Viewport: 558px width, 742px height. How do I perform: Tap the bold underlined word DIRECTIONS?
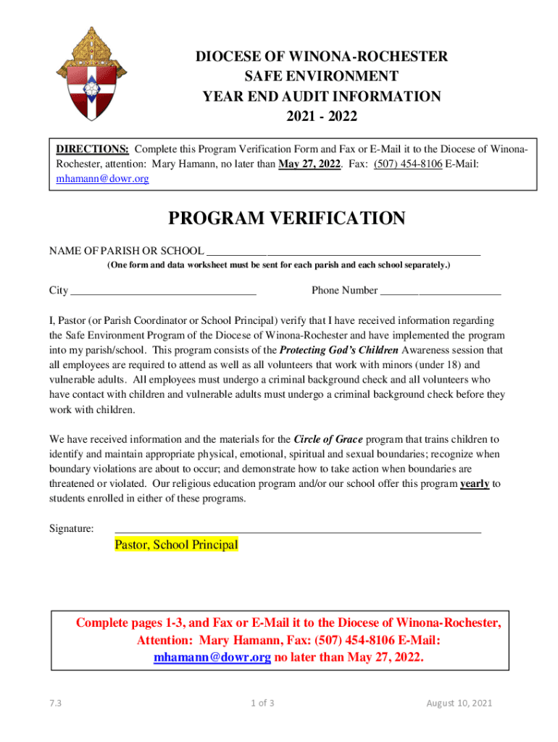(93, 149)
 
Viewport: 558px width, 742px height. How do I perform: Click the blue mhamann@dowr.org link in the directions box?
(103, 178)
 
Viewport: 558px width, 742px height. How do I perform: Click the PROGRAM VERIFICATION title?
(287, 219)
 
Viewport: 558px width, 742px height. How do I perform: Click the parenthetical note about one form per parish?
(279, 266)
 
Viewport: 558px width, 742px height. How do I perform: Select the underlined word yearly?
(475, 483)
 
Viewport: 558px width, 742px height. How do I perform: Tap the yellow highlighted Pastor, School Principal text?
(176, 545)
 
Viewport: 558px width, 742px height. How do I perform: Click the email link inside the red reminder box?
(212, 657)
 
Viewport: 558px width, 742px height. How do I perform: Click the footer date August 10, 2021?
(459, 704)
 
